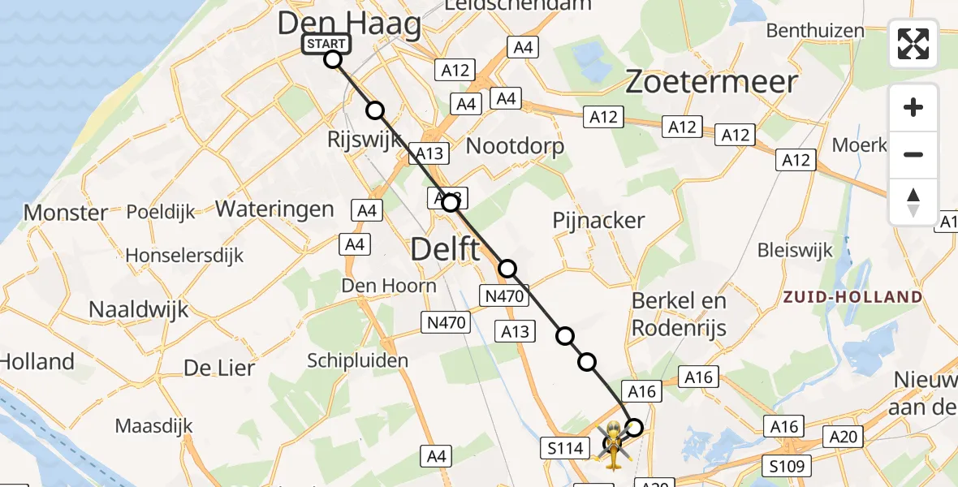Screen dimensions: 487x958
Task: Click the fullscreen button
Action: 913,44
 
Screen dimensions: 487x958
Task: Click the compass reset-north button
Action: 913,202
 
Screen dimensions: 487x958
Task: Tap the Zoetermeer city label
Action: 711,82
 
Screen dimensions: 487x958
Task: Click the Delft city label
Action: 446,248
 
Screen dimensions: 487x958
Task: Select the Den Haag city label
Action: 349,24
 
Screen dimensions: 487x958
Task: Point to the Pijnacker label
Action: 598,220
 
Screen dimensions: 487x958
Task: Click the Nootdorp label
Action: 515,146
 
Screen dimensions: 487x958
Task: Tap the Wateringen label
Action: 274,209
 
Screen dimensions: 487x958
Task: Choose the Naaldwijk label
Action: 138,309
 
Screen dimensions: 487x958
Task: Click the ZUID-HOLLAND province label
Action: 852,297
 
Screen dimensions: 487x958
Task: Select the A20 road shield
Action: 844,437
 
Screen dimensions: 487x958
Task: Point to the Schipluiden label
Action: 357,360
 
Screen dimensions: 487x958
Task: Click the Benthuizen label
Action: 815,31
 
